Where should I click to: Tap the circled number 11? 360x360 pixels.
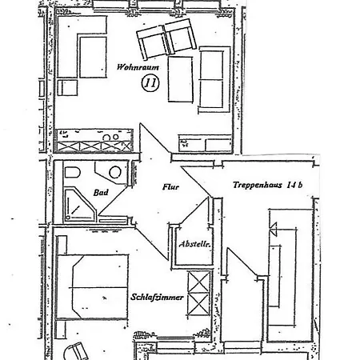tap(149, 82)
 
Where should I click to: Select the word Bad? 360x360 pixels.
tap(101, 193)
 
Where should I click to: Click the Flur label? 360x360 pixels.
tap(170, 186)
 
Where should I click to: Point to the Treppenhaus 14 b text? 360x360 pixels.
tap(267, 185)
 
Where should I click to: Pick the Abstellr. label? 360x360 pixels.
tap(195, 244)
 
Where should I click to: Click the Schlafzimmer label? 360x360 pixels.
tap(158, 297)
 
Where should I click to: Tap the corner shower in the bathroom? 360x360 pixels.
tap(78, 206)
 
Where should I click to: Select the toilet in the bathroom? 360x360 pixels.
tap(73, 174)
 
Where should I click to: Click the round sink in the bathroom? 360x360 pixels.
tap(115, 172)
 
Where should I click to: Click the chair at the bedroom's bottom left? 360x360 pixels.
tap(77, 350)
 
